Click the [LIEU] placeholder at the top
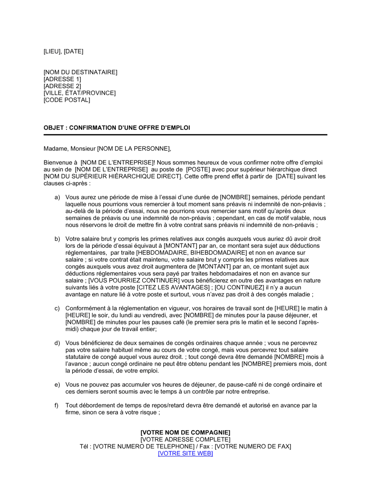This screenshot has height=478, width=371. click(x=52, y=51)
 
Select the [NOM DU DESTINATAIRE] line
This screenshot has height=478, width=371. click(x=80, y=72)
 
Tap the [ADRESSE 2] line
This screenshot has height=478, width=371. click(x=62, y=86)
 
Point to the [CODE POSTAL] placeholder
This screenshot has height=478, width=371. click(x=67, y=100)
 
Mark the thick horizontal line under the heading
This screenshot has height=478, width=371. click(x=185, y=135)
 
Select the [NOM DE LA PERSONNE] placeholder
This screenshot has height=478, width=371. click(x=134, y=149)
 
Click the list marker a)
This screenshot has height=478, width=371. click(x=57, y=197)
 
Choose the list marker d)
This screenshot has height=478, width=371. click(x=57, y=343)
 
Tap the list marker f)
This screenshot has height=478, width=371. click(x=57, y=405)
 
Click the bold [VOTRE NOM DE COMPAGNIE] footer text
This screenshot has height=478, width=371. click(x=185, y=432)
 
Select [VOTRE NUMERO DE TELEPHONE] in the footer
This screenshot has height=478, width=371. click(x=144, y=447)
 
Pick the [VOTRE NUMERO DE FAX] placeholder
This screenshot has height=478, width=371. click(x=253, y=447)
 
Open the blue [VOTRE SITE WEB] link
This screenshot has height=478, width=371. click(x=185, y=453)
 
